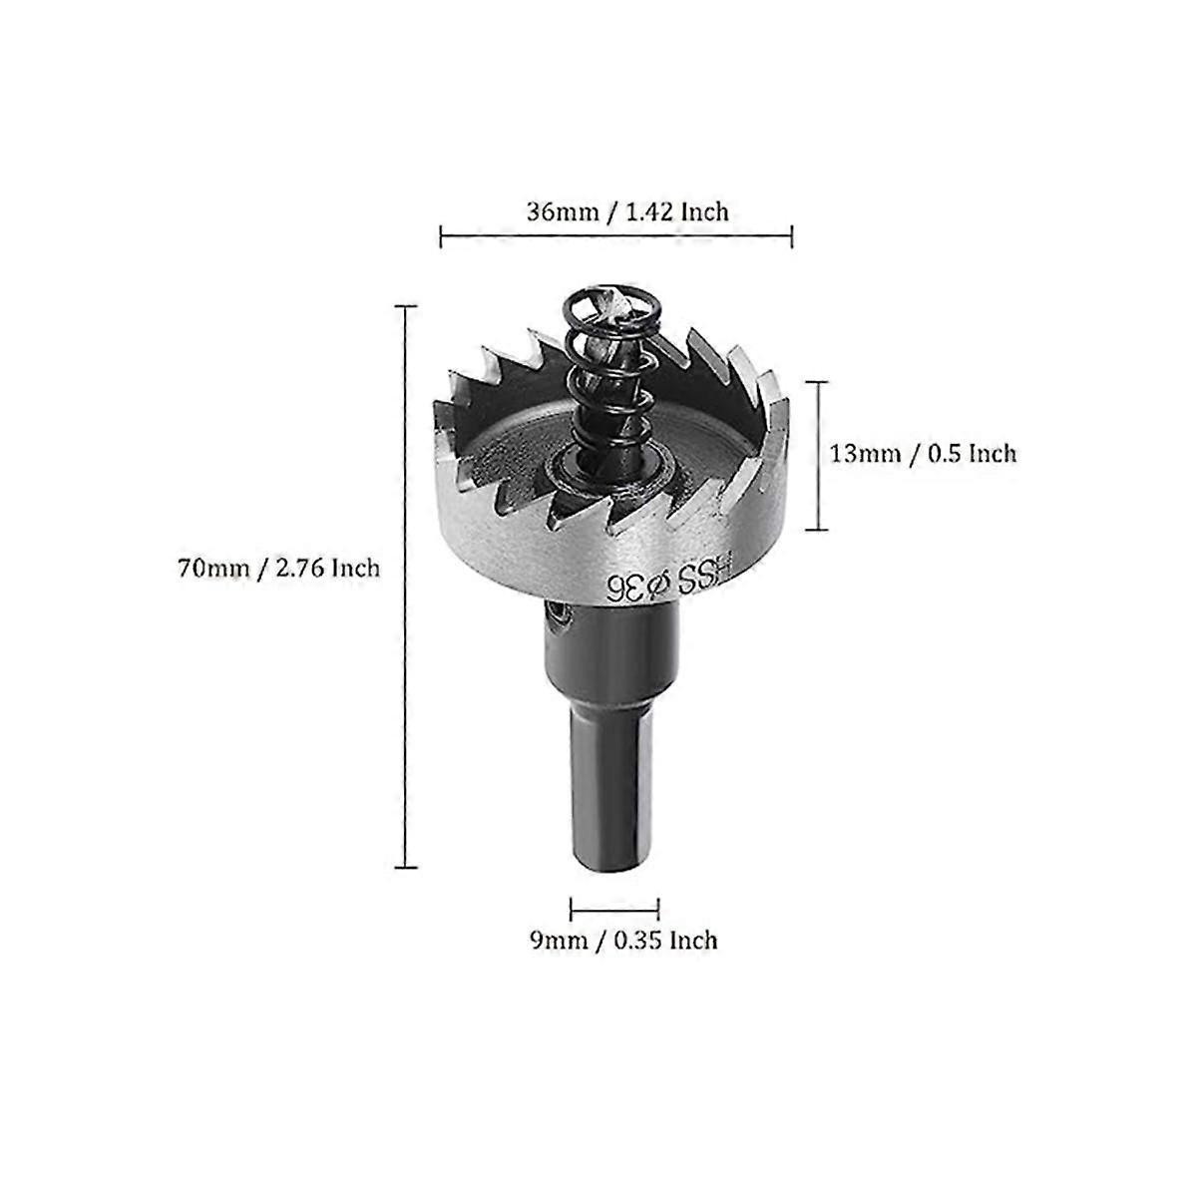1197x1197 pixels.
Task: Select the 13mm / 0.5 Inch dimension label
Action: (x=923, y=454)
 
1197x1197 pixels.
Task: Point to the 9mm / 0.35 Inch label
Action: (x=623, y=940)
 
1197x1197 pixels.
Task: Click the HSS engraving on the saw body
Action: (x=706, y=576)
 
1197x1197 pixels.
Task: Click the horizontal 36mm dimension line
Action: (x=615, y=236)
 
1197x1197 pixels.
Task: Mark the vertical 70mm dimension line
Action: (x=405, y=588)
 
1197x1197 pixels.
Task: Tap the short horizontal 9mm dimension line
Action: (x=614, y=908)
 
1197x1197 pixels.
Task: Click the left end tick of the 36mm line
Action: (x=441, y=236)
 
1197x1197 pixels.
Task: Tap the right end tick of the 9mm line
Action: (x=658, y=908)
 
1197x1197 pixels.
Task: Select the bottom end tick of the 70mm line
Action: (x=405, y=868)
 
